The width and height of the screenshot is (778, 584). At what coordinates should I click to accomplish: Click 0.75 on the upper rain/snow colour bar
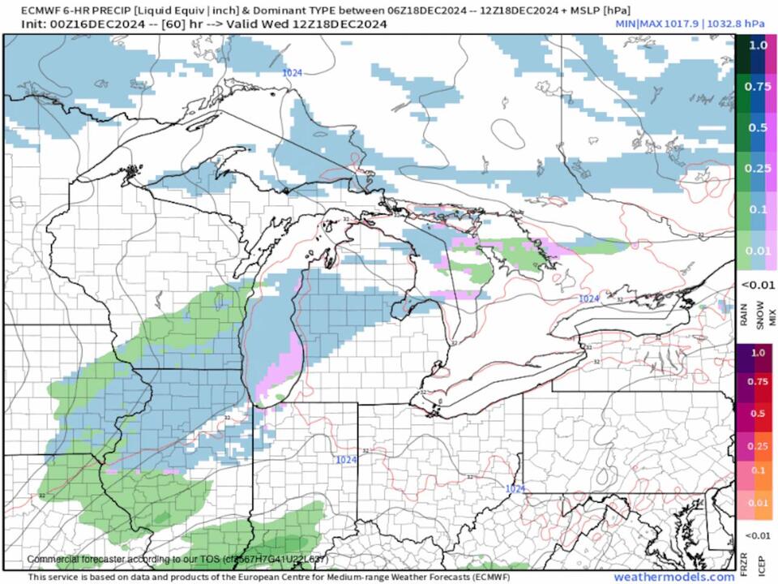757,87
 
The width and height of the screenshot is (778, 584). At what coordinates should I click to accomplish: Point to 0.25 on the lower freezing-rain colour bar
757,445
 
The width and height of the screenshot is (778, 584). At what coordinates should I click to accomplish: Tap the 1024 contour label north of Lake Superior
293,73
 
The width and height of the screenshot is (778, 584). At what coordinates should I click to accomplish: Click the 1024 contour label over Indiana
346,460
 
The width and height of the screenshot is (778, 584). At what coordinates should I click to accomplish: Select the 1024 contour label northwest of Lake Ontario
589,298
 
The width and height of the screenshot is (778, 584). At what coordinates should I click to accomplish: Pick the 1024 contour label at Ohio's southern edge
515,488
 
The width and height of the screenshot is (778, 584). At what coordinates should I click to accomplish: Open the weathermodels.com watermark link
673,577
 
